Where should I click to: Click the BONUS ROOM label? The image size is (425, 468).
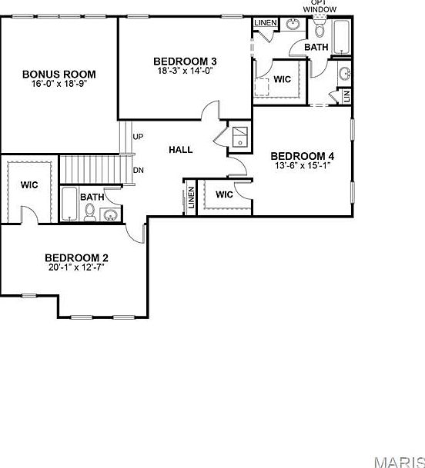pyautogui.click(x=59, y=75)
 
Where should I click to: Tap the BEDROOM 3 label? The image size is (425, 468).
pyautogui.click(x=185, y=61)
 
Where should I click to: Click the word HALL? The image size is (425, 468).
pyautogui.click(x=180, y=150)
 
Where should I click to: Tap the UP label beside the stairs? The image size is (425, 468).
pyautogui.click(x=139, y=137)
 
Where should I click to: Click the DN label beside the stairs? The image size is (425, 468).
pyautogui.click(x=139, y=171)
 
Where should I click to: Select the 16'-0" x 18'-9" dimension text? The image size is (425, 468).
pyautogui.click(x=59, y=85)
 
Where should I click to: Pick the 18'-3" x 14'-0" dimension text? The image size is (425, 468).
pyautogui.click(x=185, y=71)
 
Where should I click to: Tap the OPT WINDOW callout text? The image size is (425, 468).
pyautogui.click(x=319, y=5)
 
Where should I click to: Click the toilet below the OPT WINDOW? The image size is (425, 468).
pyautogui.click(x=320, y=30)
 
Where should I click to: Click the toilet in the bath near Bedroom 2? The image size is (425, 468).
pyautogui.click(x=90, y=215)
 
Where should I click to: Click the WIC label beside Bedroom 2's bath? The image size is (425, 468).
pyautogui.click(x=29, y=185)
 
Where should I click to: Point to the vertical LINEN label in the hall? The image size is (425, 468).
pyautogui.click(x=190, y=197)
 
